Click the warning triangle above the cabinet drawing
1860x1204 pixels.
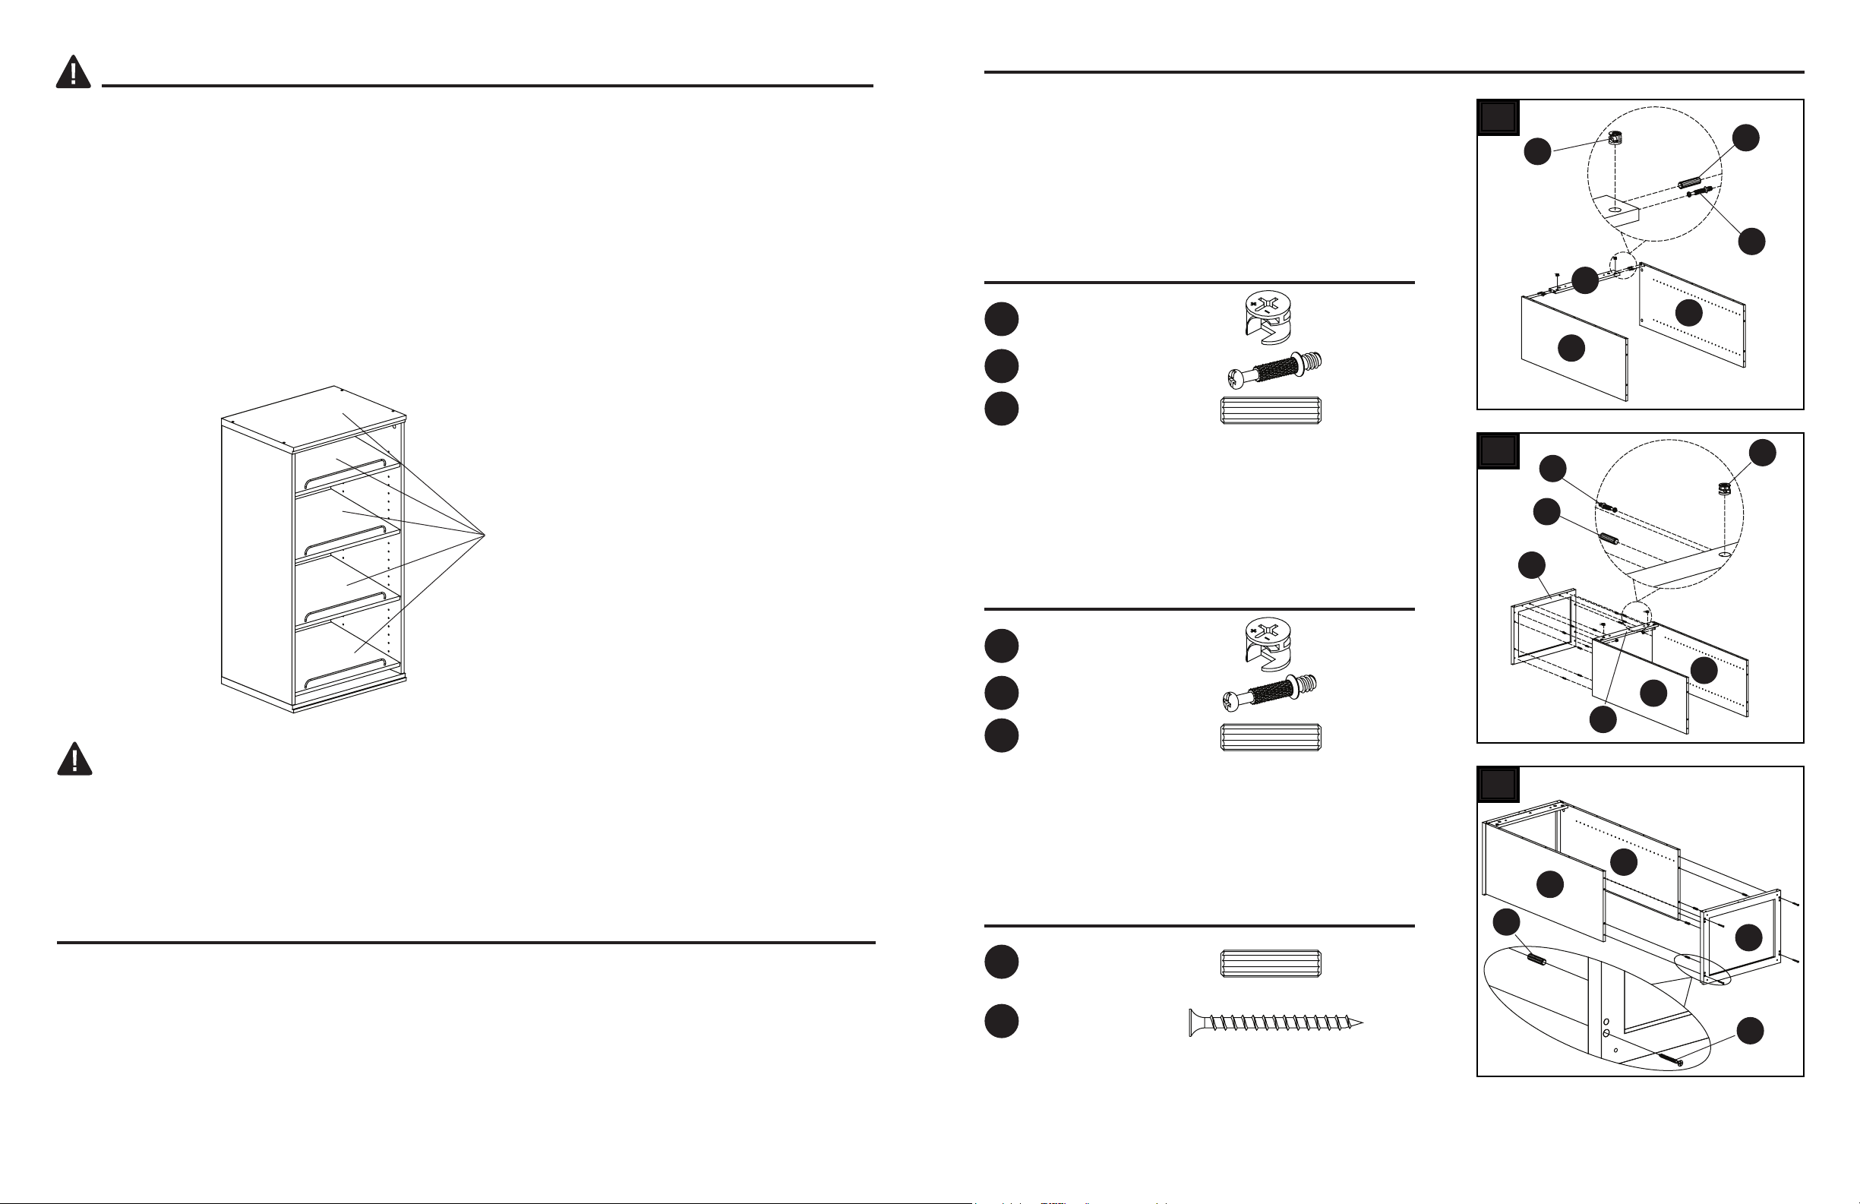pos(74,73)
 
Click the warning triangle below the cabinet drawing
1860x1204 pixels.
pos(74,759)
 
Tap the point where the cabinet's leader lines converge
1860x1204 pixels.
pos(485,535)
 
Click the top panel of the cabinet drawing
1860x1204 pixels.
pos(313,419)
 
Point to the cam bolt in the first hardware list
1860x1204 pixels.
pos(1271,369)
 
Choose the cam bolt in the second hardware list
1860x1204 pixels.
pos(1269,694)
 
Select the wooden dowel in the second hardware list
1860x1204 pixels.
pos(1270,738)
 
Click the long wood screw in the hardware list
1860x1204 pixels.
pos(1275,1022)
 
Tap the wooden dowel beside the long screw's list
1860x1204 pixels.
pos(1270,963)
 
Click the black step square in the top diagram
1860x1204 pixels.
pos(1498,118)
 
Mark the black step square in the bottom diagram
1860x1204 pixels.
pos(1498,785)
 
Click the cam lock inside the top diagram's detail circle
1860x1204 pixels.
pos(1616,139)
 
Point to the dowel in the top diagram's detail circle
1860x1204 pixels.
pos(1689,182)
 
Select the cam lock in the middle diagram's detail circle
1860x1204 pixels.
pos(1724,489)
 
